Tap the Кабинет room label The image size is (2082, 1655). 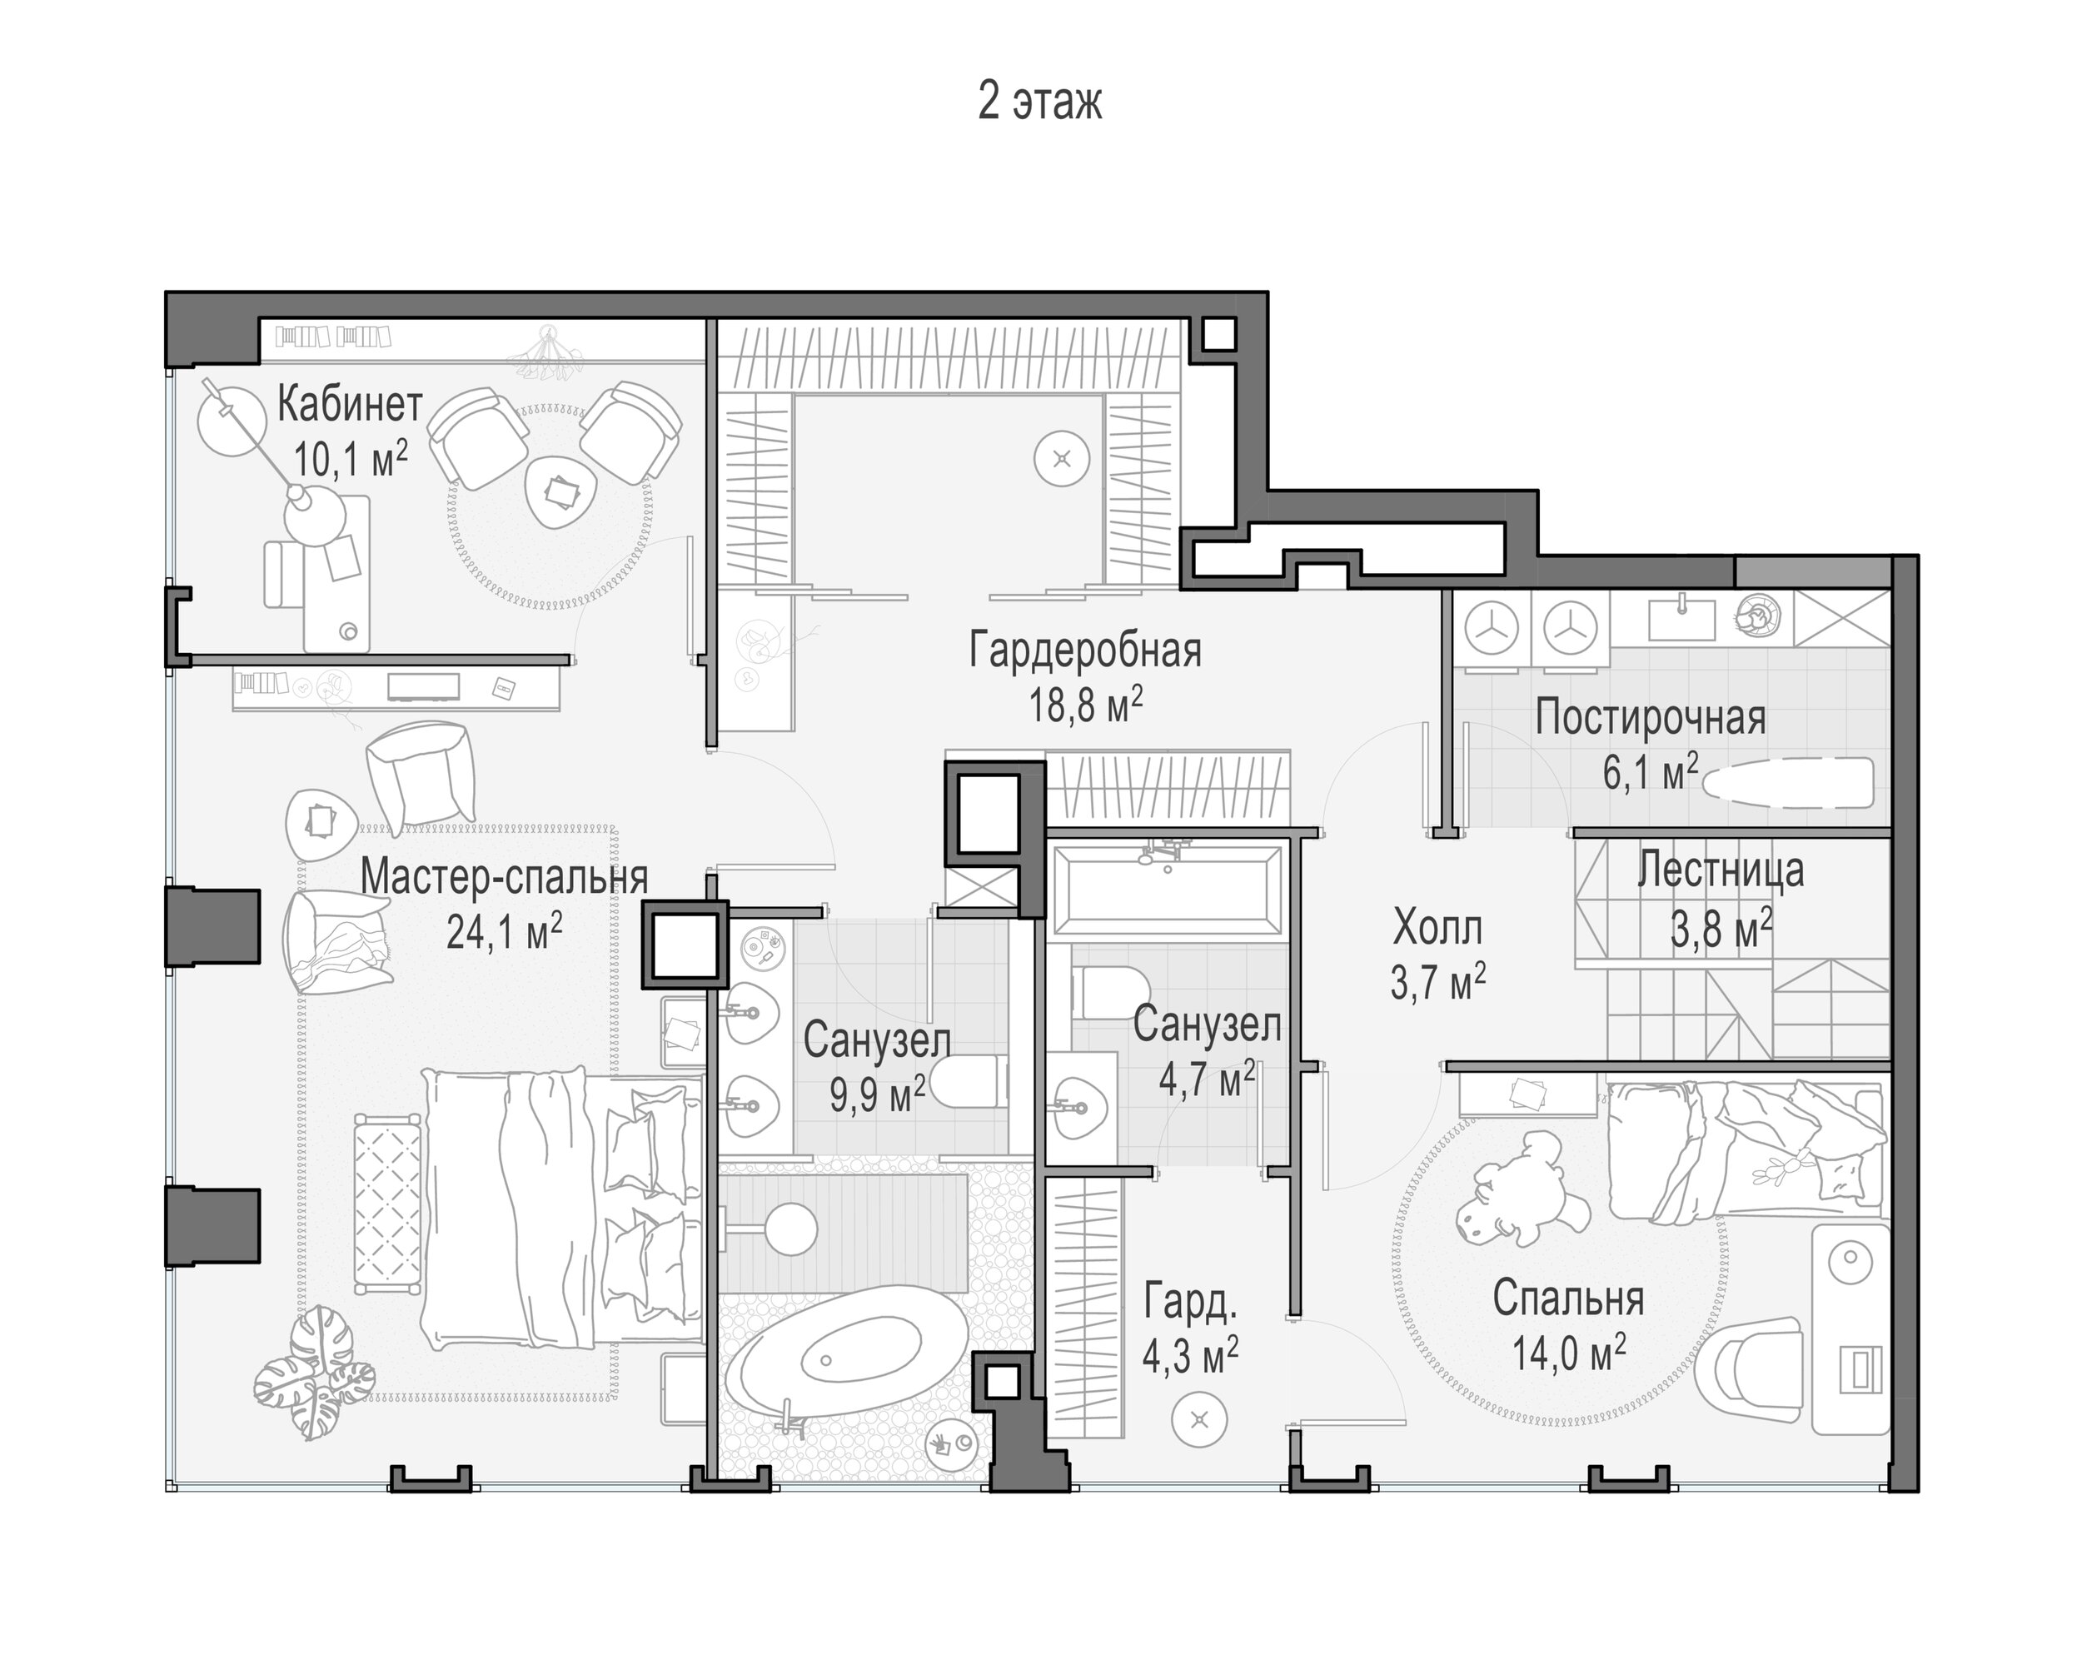350,405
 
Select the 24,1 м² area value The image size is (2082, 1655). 504,933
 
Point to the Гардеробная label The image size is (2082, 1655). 1085,651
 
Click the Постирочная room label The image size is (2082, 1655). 1651,720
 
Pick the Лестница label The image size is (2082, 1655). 1721,871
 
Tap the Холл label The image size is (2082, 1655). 1437,929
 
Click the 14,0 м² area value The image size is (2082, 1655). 1569,1353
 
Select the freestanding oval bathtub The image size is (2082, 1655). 846,1363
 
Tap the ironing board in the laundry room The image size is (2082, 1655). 1786,782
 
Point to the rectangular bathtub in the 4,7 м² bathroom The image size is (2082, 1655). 1168,890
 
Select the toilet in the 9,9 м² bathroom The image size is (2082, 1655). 974,1083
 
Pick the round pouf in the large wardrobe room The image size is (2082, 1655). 1061,459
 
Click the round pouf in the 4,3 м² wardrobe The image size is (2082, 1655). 1199,1420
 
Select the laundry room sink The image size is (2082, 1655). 1682,618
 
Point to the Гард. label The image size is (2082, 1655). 1190,1303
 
